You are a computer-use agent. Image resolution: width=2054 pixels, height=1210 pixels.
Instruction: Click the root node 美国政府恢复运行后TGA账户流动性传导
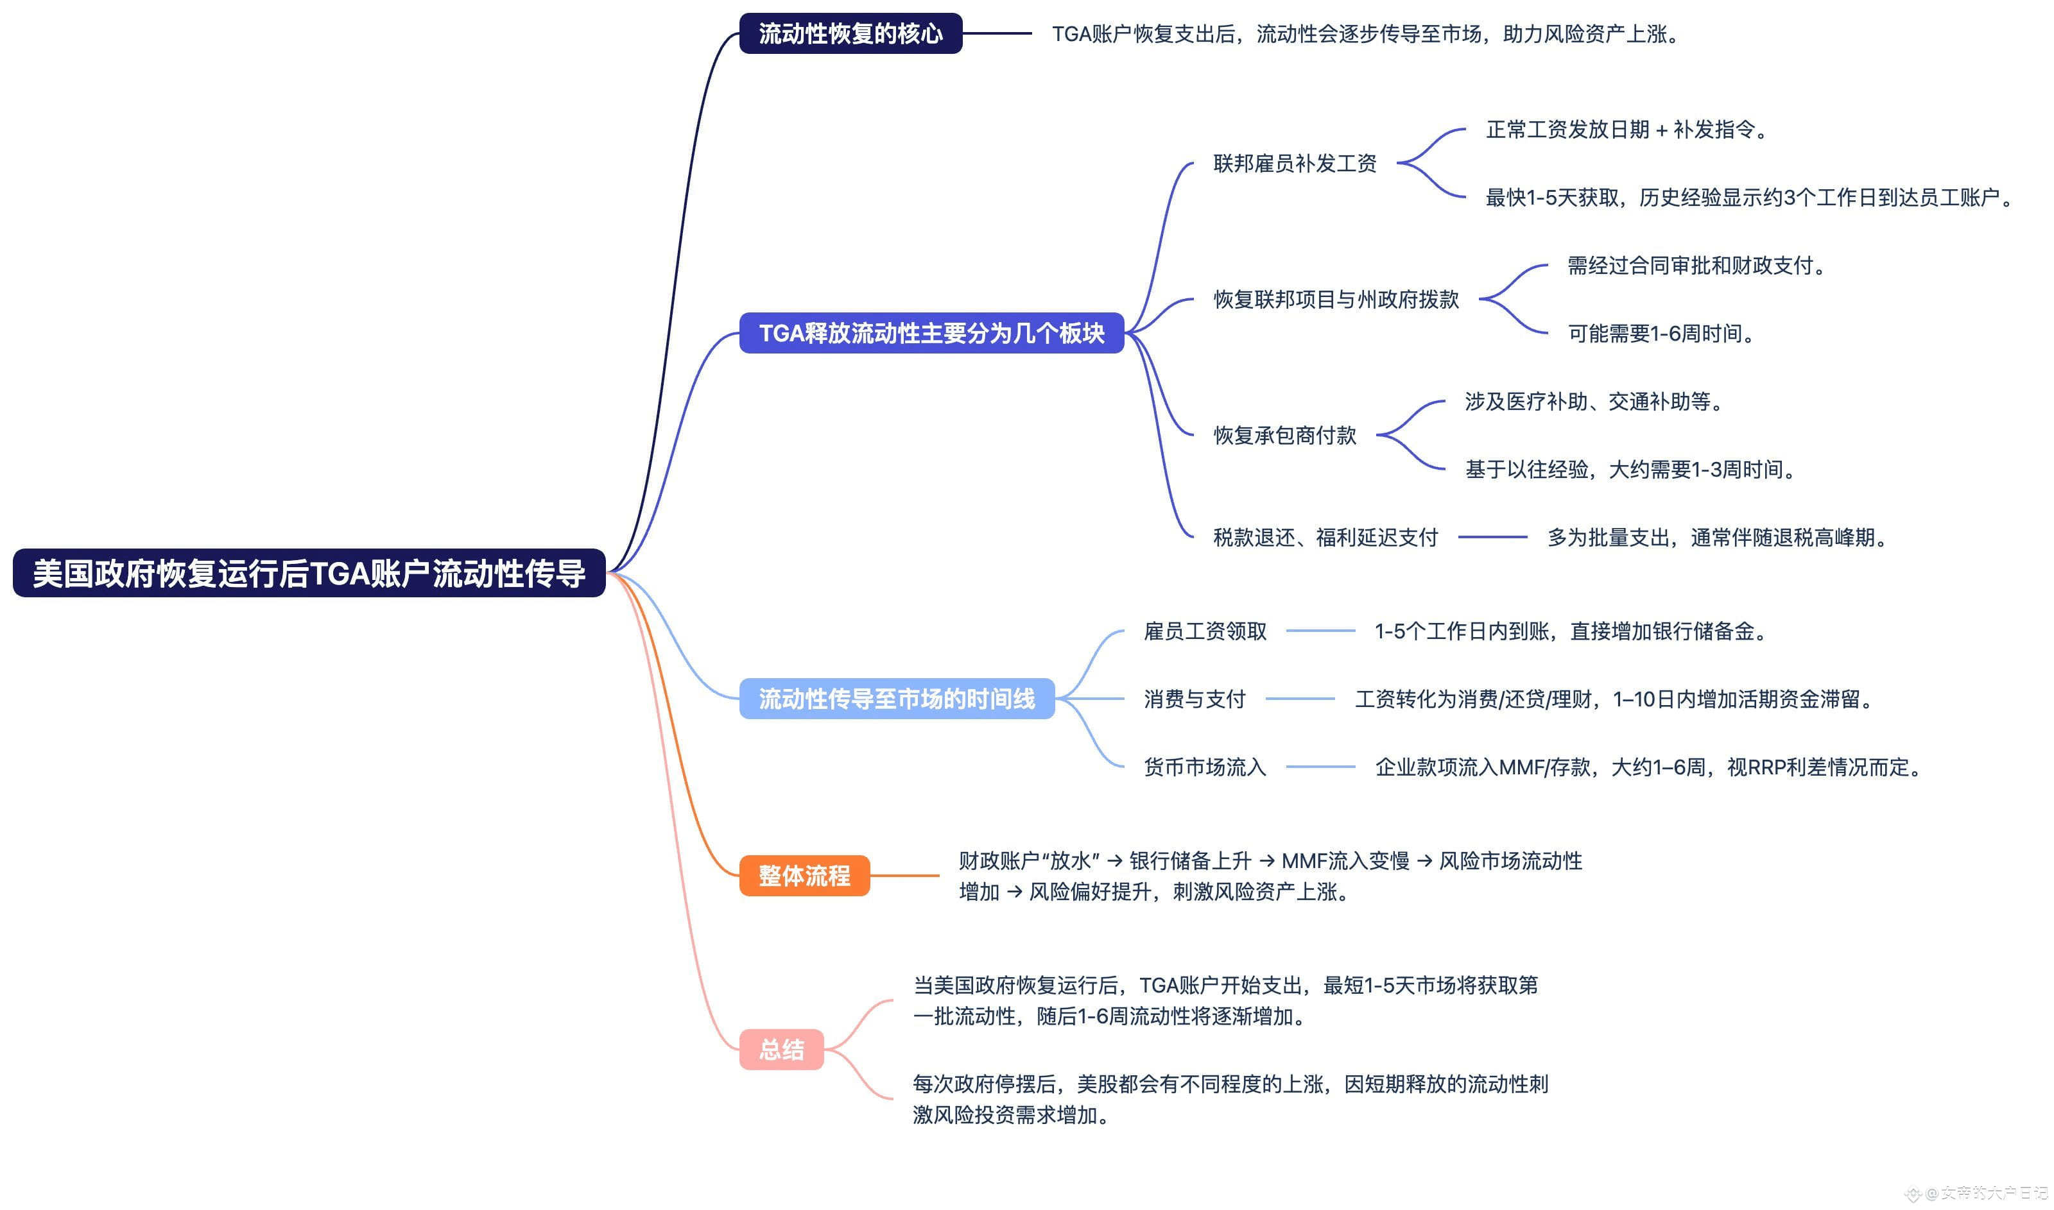click(x=309, y=573)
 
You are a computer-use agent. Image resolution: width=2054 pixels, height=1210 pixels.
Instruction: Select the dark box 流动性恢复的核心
click(x=850, y=33)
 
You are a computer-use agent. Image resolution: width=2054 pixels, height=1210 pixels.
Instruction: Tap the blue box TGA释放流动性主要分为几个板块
click(x=931, y=333)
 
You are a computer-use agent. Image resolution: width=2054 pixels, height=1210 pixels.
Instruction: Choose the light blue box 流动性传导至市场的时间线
click(x=897, y=699)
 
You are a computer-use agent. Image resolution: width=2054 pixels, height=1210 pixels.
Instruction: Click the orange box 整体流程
click(x=804, y=876)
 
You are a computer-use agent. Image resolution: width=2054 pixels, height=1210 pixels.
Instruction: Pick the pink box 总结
click(x=781, y=1050)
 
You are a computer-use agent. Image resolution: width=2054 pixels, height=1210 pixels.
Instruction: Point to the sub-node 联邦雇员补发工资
click(x=1295, y=163)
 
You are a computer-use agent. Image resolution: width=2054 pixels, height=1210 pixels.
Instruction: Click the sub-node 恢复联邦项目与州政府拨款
click(x=1335, y=299)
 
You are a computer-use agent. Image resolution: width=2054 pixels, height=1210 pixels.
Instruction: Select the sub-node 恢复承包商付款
click(x=1285, y=436)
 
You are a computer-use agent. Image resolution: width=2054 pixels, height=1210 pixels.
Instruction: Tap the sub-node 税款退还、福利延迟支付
click(x=1325, y=538)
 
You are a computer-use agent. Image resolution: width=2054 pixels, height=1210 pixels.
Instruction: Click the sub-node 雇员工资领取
click(x=1205, y=631)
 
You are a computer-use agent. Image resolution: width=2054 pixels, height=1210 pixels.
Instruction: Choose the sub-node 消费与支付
click(x=1195, y=699)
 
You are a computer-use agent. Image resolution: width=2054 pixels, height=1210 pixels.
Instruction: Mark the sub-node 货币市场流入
click(x=1205, y=767)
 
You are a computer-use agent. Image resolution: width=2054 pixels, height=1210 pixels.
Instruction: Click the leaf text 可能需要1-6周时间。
click(x=1661, y=334)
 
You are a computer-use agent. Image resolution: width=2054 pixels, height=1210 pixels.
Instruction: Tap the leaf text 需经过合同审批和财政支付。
click(x=1696, y=266)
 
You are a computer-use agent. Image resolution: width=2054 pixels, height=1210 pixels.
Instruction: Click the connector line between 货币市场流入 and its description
click(x=1320, y=767)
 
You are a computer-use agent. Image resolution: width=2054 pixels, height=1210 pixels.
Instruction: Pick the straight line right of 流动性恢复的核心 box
click(x=997, y=33)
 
